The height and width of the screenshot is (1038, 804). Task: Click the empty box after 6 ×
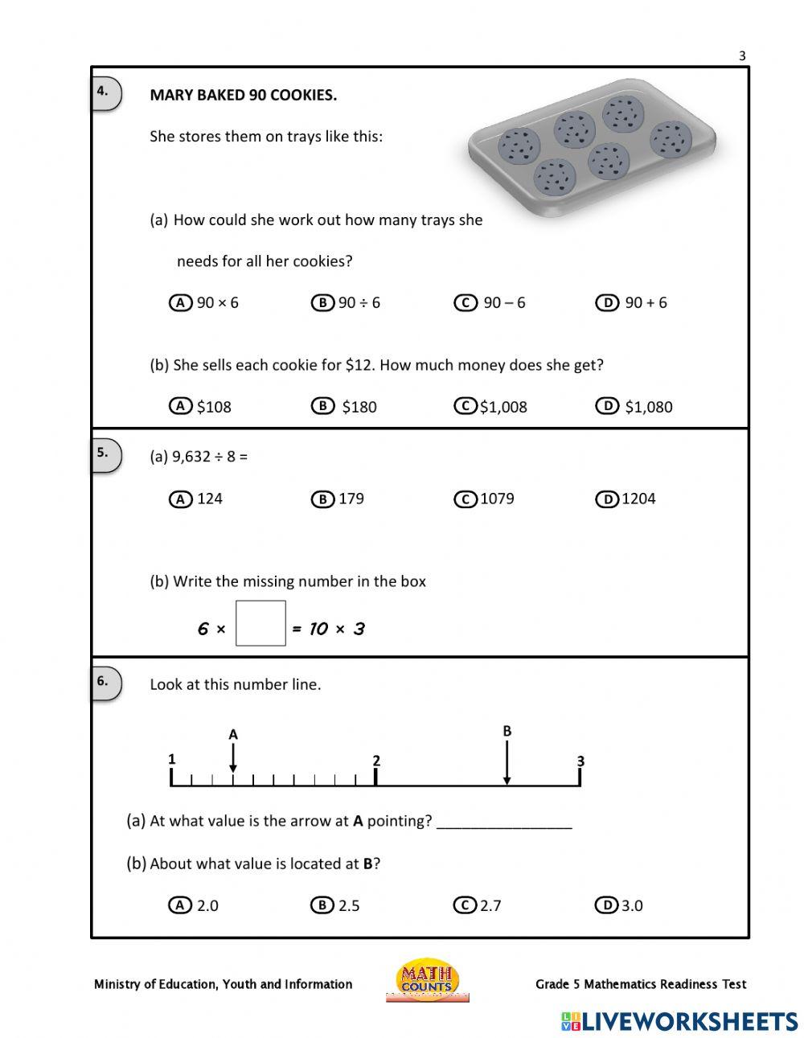[x=260, y=623]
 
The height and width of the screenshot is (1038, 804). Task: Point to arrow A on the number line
[x=233, y=757]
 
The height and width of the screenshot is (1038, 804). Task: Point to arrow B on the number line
[x=507, y=761]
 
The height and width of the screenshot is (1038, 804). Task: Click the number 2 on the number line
[x=376, y=761]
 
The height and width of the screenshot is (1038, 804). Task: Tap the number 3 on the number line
[x=580, y=761]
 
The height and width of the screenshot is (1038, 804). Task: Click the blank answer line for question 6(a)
[x=504, y=822]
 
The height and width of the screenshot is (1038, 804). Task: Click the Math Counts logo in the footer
[x=427, y=980]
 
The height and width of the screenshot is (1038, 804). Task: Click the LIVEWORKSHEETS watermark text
[x=679, y=1021]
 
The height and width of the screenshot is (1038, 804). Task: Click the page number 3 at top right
[x=742, y=55]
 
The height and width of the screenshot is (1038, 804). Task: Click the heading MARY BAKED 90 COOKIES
[x=243, y=95]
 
